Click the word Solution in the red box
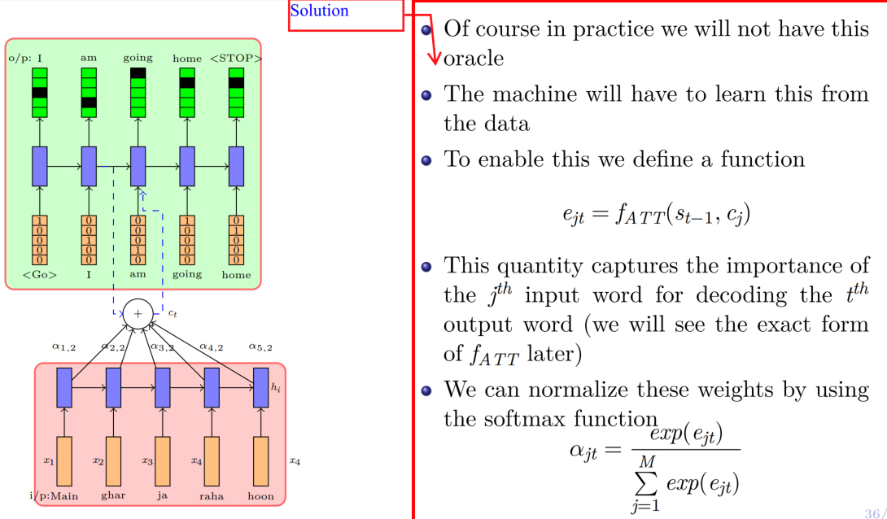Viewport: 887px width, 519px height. (319, 11)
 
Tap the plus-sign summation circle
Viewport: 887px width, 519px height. (138, 313)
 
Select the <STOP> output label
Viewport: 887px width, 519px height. (236, 58)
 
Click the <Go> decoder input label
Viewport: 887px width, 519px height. (40, 275)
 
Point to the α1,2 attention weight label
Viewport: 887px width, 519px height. (64, 347)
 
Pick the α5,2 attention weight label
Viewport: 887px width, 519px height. (260, 347)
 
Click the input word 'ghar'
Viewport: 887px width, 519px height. (113, 495)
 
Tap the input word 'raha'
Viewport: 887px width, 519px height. (212, 495)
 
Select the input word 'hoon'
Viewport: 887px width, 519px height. (260, 495)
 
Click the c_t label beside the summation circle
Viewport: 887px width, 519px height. (172, 312)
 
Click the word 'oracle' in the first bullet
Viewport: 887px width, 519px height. (474, 59)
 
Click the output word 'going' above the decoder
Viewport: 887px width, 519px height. (138, 58)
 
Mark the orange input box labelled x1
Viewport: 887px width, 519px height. (64, 460)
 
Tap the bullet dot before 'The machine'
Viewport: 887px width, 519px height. (426, 94)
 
